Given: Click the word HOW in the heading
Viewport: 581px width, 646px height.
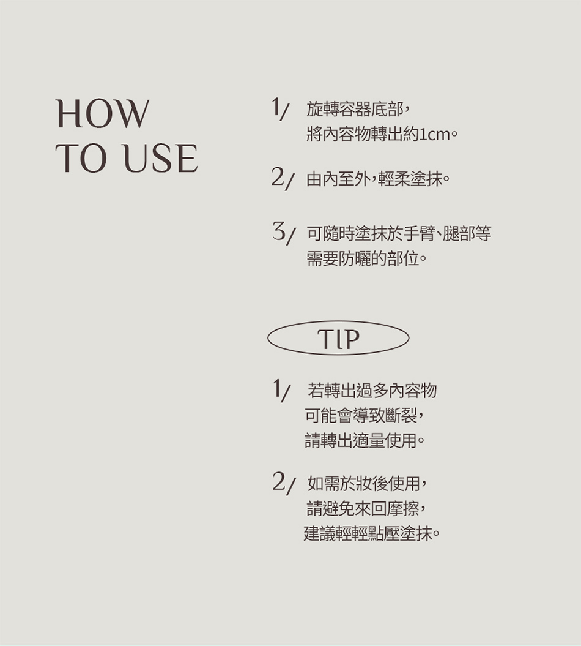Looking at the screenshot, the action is (102, 113).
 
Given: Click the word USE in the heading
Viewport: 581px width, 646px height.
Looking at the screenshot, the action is (161, 158).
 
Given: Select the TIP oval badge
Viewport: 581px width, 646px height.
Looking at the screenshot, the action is (338, 338).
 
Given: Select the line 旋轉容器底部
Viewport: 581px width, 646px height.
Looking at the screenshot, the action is (355, 109).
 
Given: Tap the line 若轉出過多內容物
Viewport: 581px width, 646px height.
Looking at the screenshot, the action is (372, 390).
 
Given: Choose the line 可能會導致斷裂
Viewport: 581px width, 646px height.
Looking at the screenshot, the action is (361, 416).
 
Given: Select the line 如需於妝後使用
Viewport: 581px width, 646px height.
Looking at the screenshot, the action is (364, 483).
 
